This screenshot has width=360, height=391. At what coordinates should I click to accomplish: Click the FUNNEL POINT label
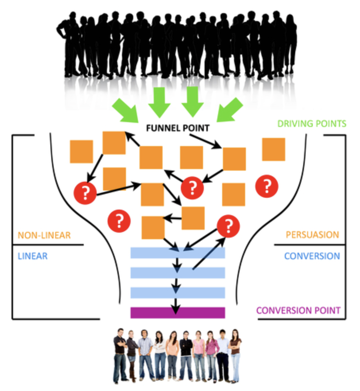(x=177, y=128)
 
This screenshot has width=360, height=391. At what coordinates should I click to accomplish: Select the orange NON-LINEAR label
(x=44, y=235)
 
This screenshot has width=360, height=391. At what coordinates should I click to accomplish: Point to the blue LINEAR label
(x=32, y=256)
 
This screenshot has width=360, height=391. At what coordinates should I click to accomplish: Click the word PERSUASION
(x=312, y=235)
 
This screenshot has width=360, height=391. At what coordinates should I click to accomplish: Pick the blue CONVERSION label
(x=312, y=256)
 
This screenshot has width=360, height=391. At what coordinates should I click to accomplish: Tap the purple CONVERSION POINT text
(x=298, y=310)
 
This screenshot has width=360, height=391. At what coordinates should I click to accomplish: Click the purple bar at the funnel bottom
(x=177, y=312)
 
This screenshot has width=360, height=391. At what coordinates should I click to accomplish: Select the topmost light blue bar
(x=177, y=253)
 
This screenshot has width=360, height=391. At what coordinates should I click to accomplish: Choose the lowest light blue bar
(x=177, y=293)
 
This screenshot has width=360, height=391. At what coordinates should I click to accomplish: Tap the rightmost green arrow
(x=229, y=109)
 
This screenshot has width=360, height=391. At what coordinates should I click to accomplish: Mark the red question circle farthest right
(x=267, y=186)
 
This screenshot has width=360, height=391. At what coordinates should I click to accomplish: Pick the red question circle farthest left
(x=86, y=193)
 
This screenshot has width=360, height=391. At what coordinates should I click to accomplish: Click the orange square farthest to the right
(x=274, y=149)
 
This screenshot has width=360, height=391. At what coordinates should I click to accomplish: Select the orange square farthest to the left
(x=81, y=151)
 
